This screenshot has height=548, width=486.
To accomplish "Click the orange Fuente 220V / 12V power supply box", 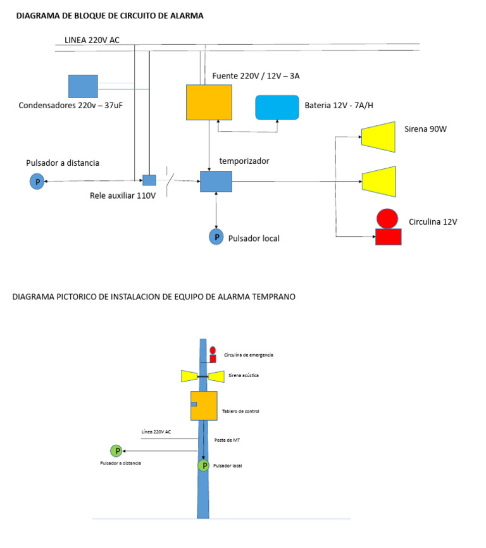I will tap(209, 102).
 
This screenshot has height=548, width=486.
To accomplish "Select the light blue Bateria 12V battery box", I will tap(277, 108).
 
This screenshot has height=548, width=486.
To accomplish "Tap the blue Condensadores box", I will tap(83, 86).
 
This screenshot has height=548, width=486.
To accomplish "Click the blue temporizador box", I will tap(216, 182).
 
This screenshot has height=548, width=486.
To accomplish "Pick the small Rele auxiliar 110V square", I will tap(149, 180).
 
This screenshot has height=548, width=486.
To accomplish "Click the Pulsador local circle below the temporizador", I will tap(216, 237).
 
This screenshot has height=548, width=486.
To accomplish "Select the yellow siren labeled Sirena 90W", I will tap(378, 137).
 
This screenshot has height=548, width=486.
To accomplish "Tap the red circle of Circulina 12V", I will tap(387, 218).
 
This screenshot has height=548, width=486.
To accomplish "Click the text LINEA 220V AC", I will tap(92, 40).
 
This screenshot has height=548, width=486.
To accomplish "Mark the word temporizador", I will tap(244, 161).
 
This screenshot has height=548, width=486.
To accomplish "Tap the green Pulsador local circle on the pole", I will tap(204, 466).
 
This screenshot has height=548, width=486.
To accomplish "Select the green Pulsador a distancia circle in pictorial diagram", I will tap(116, 451).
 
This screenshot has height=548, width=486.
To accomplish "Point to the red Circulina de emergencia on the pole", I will tap(213, 354).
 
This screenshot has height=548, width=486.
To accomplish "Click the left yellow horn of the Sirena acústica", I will tap(189, 377).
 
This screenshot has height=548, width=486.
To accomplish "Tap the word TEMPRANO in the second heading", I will tap(271, 296).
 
